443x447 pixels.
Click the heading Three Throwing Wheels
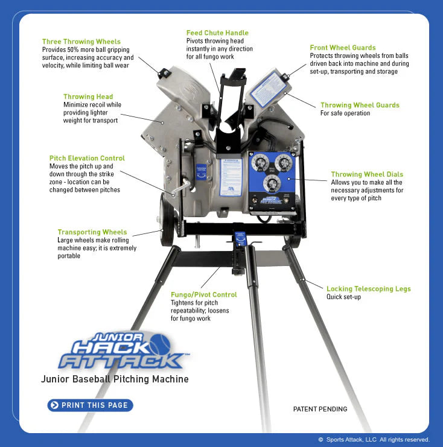point(81,42)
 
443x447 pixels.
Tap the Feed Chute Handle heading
point(217,33)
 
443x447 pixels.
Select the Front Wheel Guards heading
point(343,48)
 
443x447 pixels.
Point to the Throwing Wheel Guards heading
point(360,105)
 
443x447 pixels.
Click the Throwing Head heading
point(88,97)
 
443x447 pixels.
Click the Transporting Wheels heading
point(92,232)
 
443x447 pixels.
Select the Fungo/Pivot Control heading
point(203,294)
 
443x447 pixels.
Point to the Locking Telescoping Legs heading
point(368,289)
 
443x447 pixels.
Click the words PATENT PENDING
point(320,409)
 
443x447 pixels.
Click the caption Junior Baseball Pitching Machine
point(115,379)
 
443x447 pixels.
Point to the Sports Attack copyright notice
point(374,440)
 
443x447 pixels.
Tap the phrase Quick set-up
point(344,297)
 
